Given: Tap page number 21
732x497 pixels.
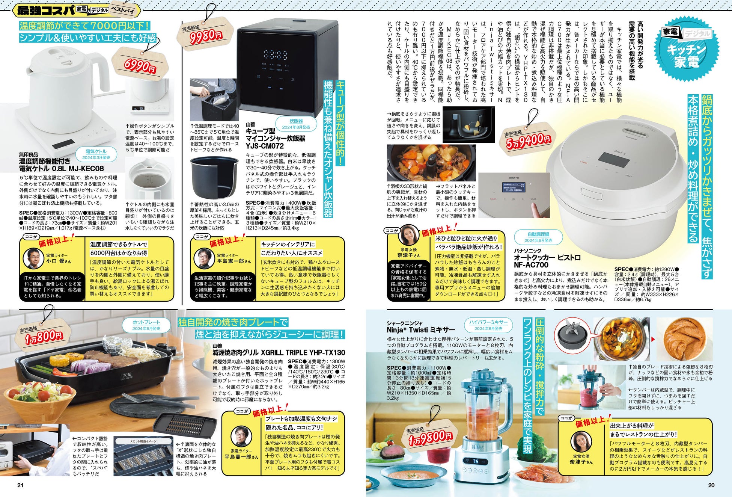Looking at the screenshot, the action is click(x=20, y=485).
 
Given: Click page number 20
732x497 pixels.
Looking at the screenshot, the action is click(x=711, y=485).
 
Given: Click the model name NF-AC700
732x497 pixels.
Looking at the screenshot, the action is click(x=531, y=265).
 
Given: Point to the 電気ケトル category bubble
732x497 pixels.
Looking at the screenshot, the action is click(x=96, y=154).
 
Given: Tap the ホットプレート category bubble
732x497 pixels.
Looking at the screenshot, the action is click(x=146, y=325).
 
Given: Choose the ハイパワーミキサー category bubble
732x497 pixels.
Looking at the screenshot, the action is click(x=488, y=325).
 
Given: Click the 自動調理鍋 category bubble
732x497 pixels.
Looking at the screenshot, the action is click(x=538, y=237).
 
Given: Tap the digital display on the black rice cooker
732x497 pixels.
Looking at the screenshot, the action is click(x=276, y=55).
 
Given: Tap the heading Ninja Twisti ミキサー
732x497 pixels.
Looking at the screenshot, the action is click(x=421, y=330).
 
